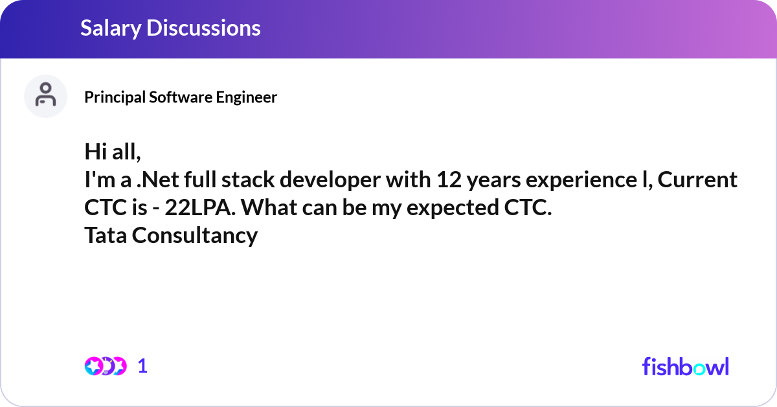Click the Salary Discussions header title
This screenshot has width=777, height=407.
pyautogui.click(x=170, y=28)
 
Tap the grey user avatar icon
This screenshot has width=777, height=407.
pyautogui.click(x=45, y=96)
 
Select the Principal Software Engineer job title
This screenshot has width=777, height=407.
pyautogui.click(x=181, y=97)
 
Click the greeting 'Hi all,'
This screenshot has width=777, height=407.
pyautogui.click(x=112, y=152)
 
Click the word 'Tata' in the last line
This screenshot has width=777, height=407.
pyautogui.click(x=106, y=236)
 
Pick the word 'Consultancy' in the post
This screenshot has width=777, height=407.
pyautogui.click(x=195, y=236)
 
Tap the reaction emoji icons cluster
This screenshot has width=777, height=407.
pyautogui.click(x=105, y=366)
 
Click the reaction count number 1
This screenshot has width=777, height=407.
pyautogui.click(x=142, y=366)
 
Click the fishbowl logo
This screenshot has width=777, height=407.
pyautogui.click(x=685, y=366)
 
